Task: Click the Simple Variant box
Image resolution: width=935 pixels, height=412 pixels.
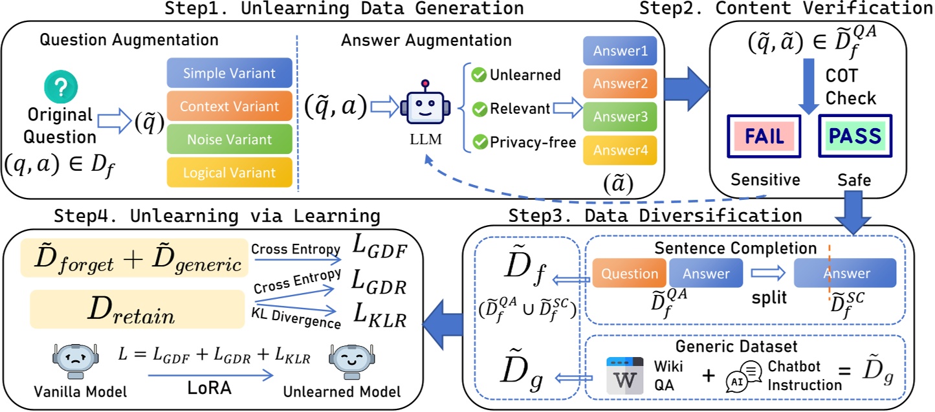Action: coord(229,72)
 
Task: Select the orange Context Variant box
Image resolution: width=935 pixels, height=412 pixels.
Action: coord(229,106)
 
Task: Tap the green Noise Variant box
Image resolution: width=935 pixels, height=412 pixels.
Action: coord(229,139)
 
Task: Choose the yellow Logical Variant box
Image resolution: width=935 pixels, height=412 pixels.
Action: coord(229,173)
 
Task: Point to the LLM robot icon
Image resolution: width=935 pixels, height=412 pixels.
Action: coord(424,105)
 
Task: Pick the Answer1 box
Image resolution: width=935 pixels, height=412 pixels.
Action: coord(620,50)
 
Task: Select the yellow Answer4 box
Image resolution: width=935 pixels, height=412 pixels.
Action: coord(620,150)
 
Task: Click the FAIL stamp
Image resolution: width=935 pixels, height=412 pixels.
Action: coord(764,136)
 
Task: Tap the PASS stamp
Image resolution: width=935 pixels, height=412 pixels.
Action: coord(855,136)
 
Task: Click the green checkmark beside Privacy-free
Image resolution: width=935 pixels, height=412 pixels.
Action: coord(479,143)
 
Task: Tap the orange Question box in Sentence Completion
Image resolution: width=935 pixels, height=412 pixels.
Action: coord(629,274)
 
